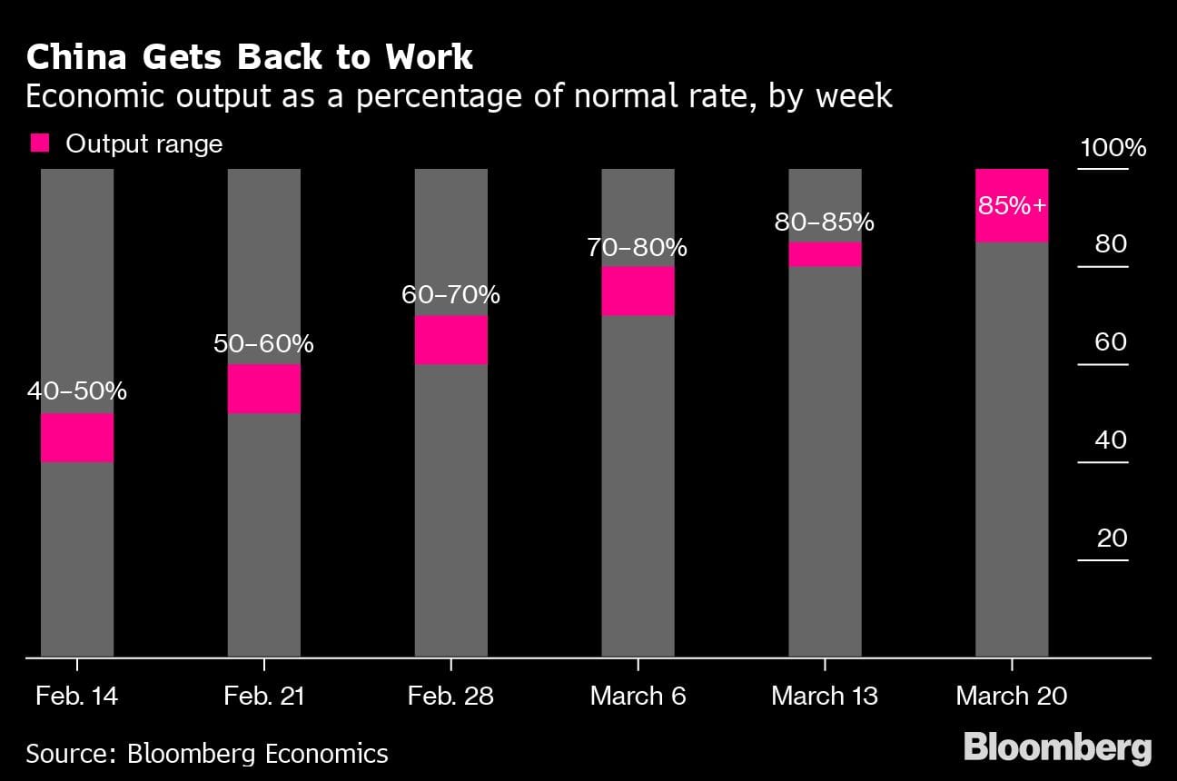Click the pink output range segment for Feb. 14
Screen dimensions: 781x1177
point(77,438)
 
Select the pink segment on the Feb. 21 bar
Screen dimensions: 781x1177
point(264,389)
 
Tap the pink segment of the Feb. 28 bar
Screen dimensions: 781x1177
point(451,340)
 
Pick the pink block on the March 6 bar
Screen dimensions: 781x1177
point(638,291)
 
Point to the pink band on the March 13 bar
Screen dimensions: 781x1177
point(825,254)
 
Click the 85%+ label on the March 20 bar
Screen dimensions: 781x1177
point(1012,206)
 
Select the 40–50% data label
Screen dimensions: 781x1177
point(77,391)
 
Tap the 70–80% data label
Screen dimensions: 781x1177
point(638,247)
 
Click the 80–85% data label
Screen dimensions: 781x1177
point(825,222)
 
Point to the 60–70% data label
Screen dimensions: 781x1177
point(451,295)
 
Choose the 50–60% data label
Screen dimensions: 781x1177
point(264,344)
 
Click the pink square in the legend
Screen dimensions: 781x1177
point(40,143)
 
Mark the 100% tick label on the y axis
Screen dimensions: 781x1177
point(1113,148)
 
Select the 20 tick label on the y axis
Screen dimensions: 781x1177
point(1112,539)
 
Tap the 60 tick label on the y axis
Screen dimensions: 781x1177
point(1112,342)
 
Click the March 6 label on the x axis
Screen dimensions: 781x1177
point(638,697)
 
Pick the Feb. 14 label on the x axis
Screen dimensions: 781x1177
point(77,697)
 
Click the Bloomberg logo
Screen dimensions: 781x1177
point(1057,747)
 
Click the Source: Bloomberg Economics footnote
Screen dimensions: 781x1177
point(207,753)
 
